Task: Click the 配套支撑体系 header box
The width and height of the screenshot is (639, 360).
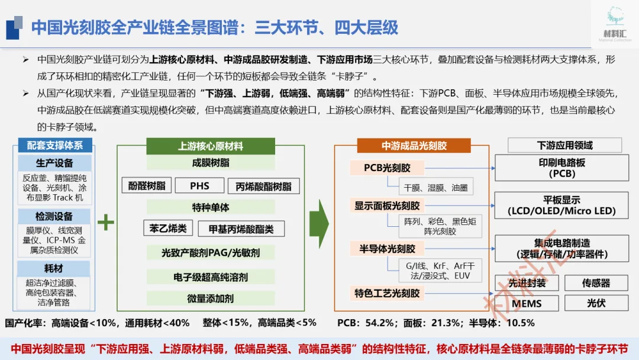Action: (x=54, y=145)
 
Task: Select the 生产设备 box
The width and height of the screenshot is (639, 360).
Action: (x=54, y=163)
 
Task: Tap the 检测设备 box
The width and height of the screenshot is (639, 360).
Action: (x=54, y=216)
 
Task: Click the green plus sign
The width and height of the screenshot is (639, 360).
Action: (x=105, y=223)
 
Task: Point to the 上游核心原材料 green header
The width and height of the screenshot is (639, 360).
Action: (x=210, y=146)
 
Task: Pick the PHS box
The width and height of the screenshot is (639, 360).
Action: (x=200, y=185)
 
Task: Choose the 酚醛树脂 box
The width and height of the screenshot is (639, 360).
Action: (x=147, y=185)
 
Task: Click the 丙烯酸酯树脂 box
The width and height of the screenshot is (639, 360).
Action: (x=263, y=186)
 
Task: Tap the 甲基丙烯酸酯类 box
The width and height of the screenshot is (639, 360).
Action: (x=241, y=229)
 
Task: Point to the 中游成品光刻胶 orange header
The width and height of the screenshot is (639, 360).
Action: (x=414, y=146)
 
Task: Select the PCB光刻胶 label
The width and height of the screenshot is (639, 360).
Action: (x=388, y=168)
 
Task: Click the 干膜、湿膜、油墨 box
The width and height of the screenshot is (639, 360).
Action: (x=435, y=187)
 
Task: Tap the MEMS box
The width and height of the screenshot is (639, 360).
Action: (x=527, y=303)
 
